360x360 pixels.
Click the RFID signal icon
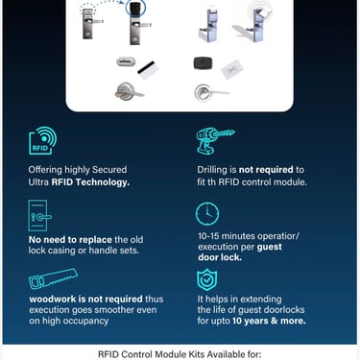click(43, 141)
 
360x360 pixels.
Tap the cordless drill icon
click(215, 141)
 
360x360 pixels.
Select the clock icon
click(207, 213)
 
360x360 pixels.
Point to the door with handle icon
click(39, 215)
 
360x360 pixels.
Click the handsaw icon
click(53, 279)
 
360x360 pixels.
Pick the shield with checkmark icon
click(207, 279)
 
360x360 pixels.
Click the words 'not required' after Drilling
click(266, 170)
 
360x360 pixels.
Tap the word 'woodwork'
click(53, 299)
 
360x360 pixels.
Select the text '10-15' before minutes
click(208, 236)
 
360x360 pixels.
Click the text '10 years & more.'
click(269, 321)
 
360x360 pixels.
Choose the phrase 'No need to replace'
click(70, 239)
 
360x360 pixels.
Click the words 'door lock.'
click(220, 257)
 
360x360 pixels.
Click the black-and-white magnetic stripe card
click(148, 70)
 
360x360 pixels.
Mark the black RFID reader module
click(203, 63)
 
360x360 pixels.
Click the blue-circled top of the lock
click(135, 8)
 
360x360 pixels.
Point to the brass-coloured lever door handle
click(129, 92)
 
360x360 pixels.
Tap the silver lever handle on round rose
click(211, 92)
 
